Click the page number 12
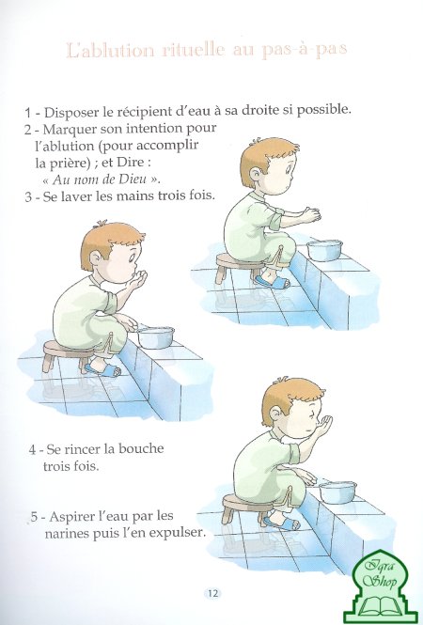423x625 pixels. coord(212,593)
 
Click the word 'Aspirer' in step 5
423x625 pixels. coord(70,517)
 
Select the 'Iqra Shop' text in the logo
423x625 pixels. coord(381,574)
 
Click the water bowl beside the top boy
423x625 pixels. coord(325,250)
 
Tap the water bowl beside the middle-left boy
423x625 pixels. coord(155,337)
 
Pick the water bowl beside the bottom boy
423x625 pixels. coord(337,492)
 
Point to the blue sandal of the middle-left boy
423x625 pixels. coord(102,368)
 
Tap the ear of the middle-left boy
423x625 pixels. coord(96,258)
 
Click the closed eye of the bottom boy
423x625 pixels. coord(310,414)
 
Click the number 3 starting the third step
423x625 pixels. coord(28,197)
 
